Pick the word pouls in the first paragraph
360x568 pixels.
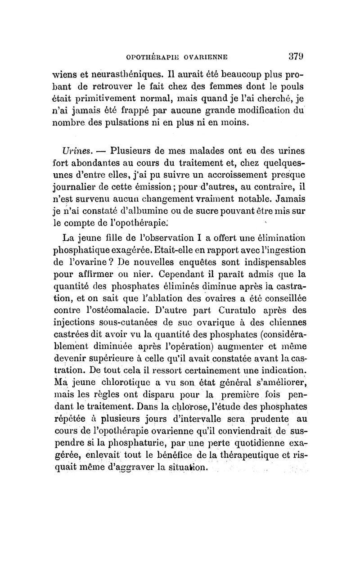tap(292, 86)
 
